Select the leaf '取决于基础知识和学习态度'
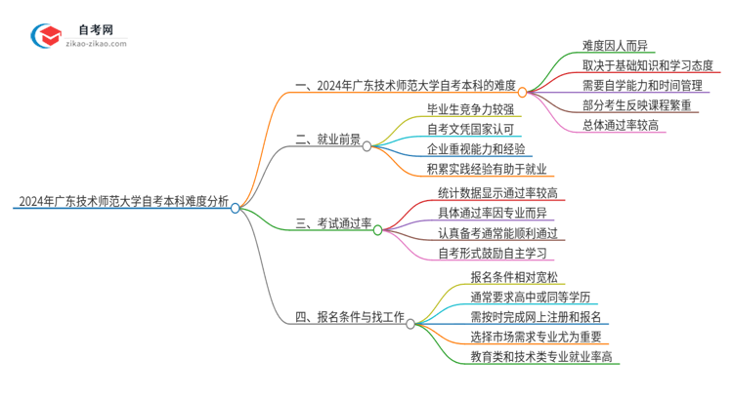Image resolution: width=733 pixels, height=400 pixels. click(x=646, y=64)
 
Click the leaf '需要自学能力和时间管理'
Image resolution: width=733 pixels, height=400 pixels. click(x=641, y=85)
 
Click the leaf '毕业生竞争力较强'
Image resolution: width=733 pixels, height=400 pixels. click(x=470, y=108)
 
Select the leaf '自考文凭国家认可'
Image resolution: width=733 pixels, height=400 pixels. click(x=470, y=129)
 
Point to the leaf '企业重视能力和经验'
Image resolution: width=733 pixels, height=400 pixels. click(x=476, y=149)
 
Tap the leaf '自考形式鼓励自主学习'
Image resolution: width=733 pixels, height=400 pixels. click(x=493, y=253)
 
